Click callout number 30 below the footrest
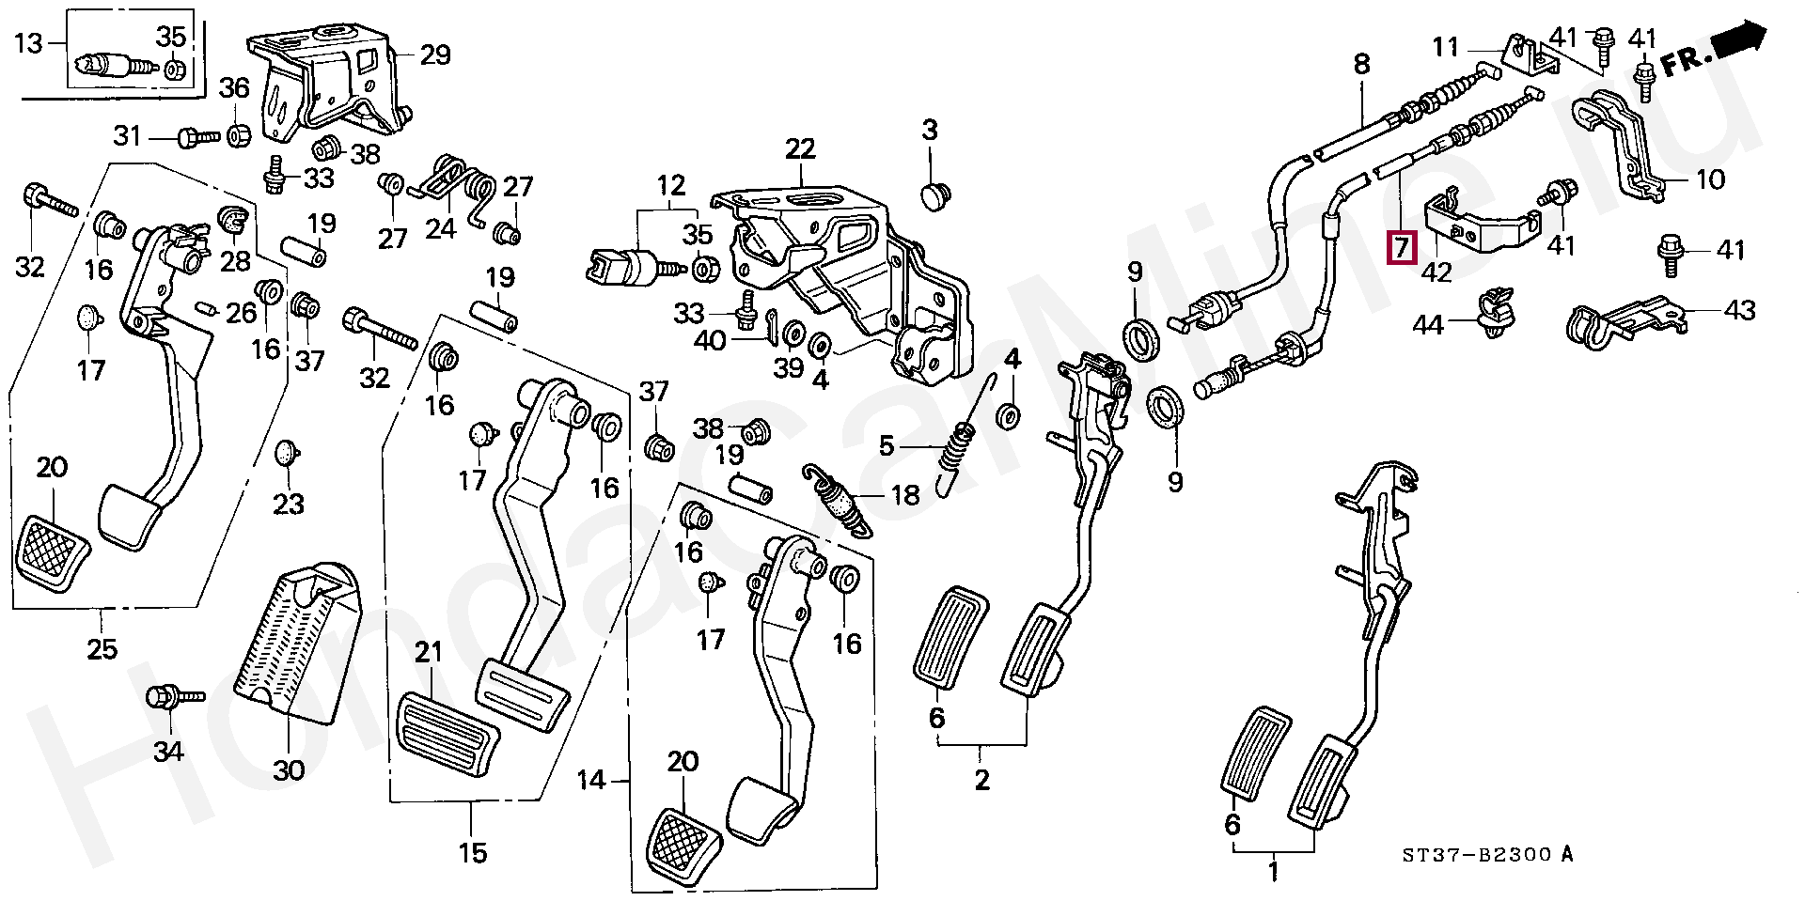[289, 769]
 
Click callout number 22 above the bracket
[801, 148]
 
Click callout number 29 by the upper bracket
[434, 55]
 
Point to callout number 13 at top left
[29, 43]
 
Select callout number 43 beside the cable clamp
[1740, 309]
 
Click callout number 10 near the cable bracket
[1711, 179]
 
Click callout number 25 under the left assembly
[102, 648]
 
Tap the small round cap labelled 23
[288, 453]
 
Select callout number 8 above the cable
[1361, 65]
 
